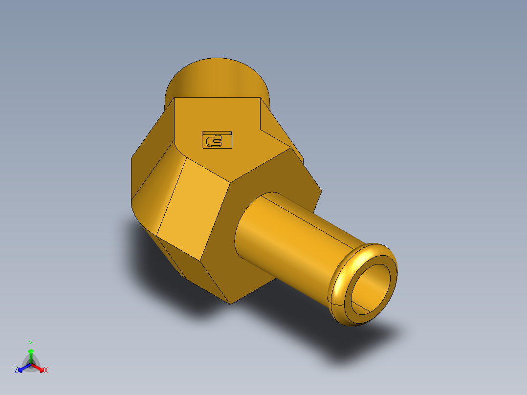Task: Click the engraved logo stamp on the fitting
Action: [x=217, y=140]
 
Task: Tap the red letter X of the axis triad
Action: [x=46, y=371]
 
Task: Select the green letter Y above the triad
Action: [x=30, y=344]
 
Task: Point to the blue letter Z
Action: [x=16, y=371]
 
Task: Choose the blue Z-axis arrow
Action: [x=22, y=368]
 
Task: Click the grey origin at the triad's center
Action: [x=31, y=364]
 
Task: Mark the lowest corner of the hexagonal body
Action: [x=230, y=303]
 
